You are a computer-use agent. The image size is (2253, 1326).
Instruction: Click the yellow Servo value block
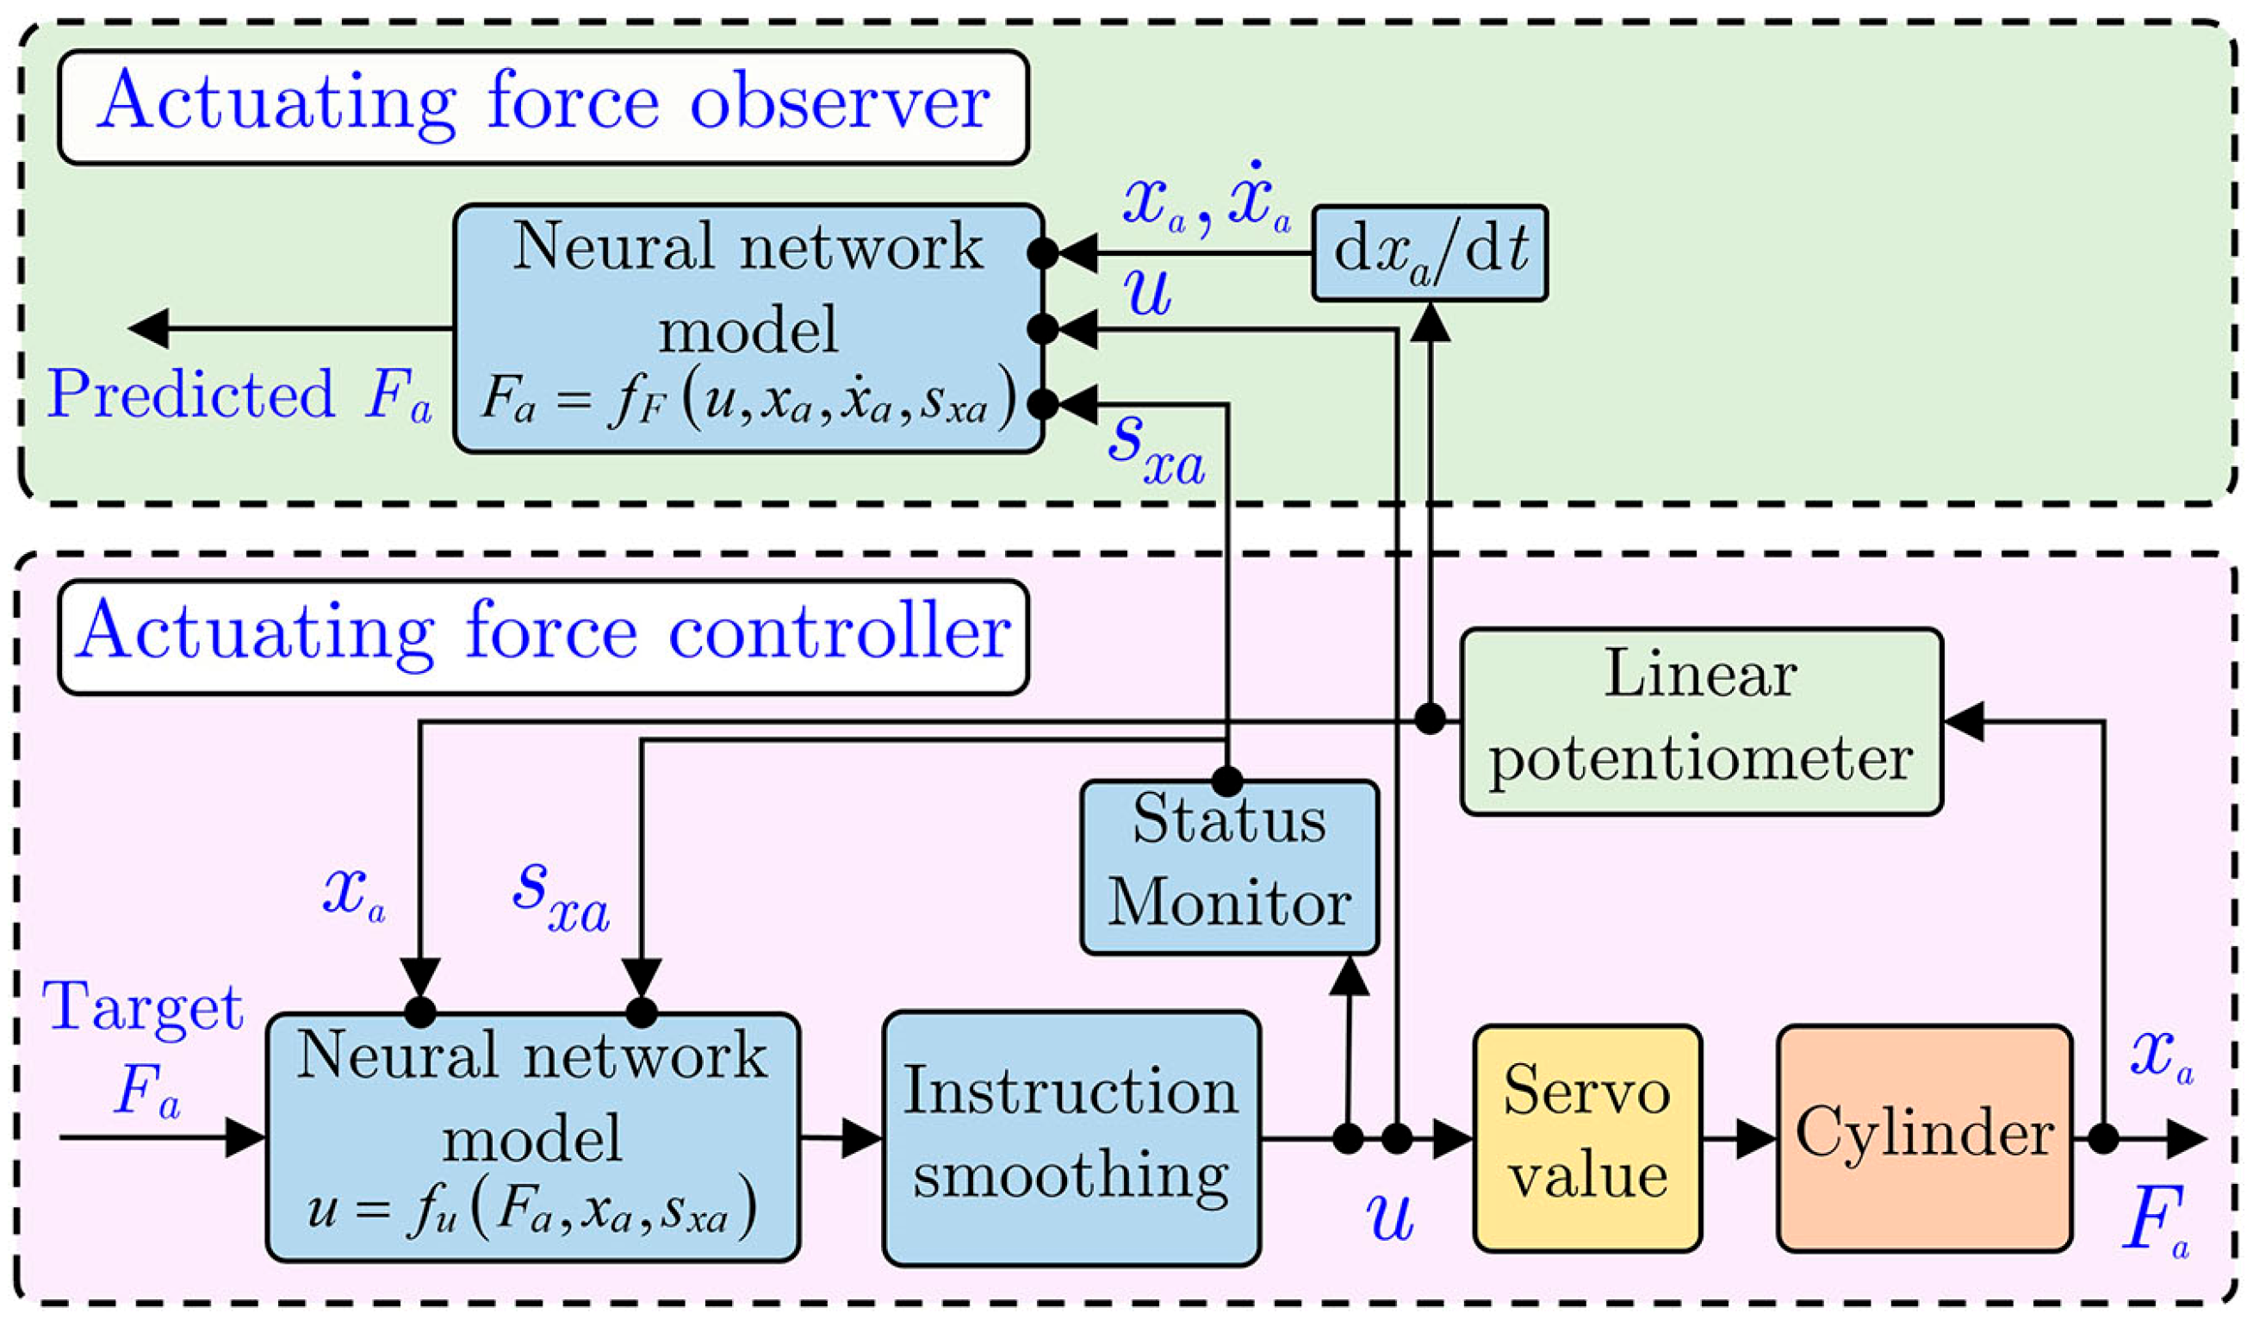point(1587,1137)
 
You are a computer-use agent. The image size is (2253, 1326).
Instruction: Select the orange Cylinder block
point(1924,1137)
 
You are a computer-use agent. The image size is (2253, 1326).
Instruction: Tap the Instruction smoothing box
point(1071,1137)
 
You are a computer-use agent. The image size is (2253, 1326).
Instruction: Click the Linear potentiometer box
point(1701,720)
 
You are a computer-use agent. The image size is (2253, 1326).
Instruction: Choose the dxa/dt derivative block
point(1430,253)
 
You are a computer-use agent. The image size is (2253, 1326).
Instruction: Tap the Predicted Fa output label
point(239,395)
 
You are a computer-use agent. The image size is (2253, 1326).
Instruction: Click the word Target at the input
point(143,1008)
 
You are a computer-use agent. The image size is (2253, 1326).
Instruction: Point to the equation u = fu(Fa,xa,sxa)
point(532,1213)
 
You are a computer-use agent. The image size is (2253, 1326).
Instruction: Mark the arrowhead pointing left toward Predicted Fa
point(148,328)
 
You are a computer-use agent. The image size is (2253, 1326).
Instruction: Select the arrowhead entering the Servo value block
point(1453,1139)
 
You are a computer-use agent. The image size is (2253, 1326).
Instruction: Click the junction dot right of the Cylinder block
point(2103,1139)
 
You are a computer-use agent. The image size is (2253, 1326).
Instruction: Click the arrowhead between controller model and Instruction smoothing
point(862,1139)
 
